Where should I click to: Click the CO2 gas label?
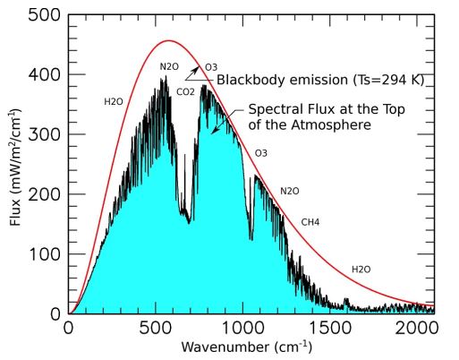pyautogui.click(x=186, y=91)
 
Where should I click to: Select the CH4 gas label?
pyautogui.click(x=310, y=222)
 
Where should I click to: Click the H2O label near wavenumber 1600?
pyautogui.click(x=361, y=269)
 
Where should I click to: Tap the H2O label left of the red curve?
pyautogui.click(x=114, y=102)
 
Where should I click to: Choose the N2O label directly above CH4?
pyautogui.click(x=290, y=191)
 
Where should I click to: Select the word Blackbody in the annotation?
pyautogui.click(x=250, y=81)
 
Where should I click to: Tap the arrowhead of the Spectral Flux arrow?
pyautogui.click(x=213, y=132)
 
